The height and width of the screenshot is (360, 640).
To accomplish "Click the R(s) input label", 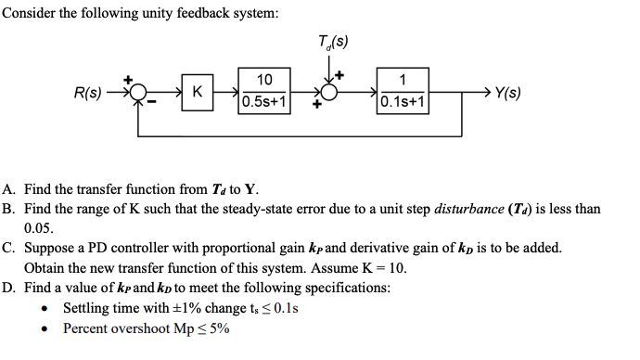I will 88,93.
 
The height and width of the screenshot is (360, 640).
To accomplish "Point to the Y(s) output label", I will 507,93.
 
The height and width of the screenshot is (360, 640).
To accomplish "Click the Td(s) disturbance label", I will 332,41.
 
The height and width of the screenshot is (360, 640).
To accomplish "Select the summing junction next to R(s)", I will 139,93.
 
